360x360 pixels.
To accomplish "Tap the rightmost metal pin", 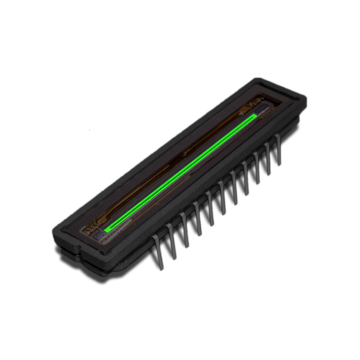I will pos(279,150).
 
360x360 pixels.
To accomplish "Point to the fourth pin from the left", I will pos(198,217).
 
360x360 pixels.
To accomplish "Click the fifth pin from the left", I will pos(211,206).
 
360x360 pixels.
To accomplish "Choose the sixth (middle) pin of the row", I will pos(223,196).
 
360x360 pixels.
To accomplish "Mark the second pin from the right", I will pos(268,159).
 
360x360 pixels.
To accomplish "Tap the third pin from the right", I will pos(257,168).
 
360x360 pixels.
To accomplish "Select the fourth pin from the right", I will pos(246,178).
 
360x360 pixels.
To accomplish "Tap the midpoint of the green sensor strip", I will pos(181,172).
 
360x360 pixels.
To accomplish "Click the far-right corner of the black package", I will pos(307,101).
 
